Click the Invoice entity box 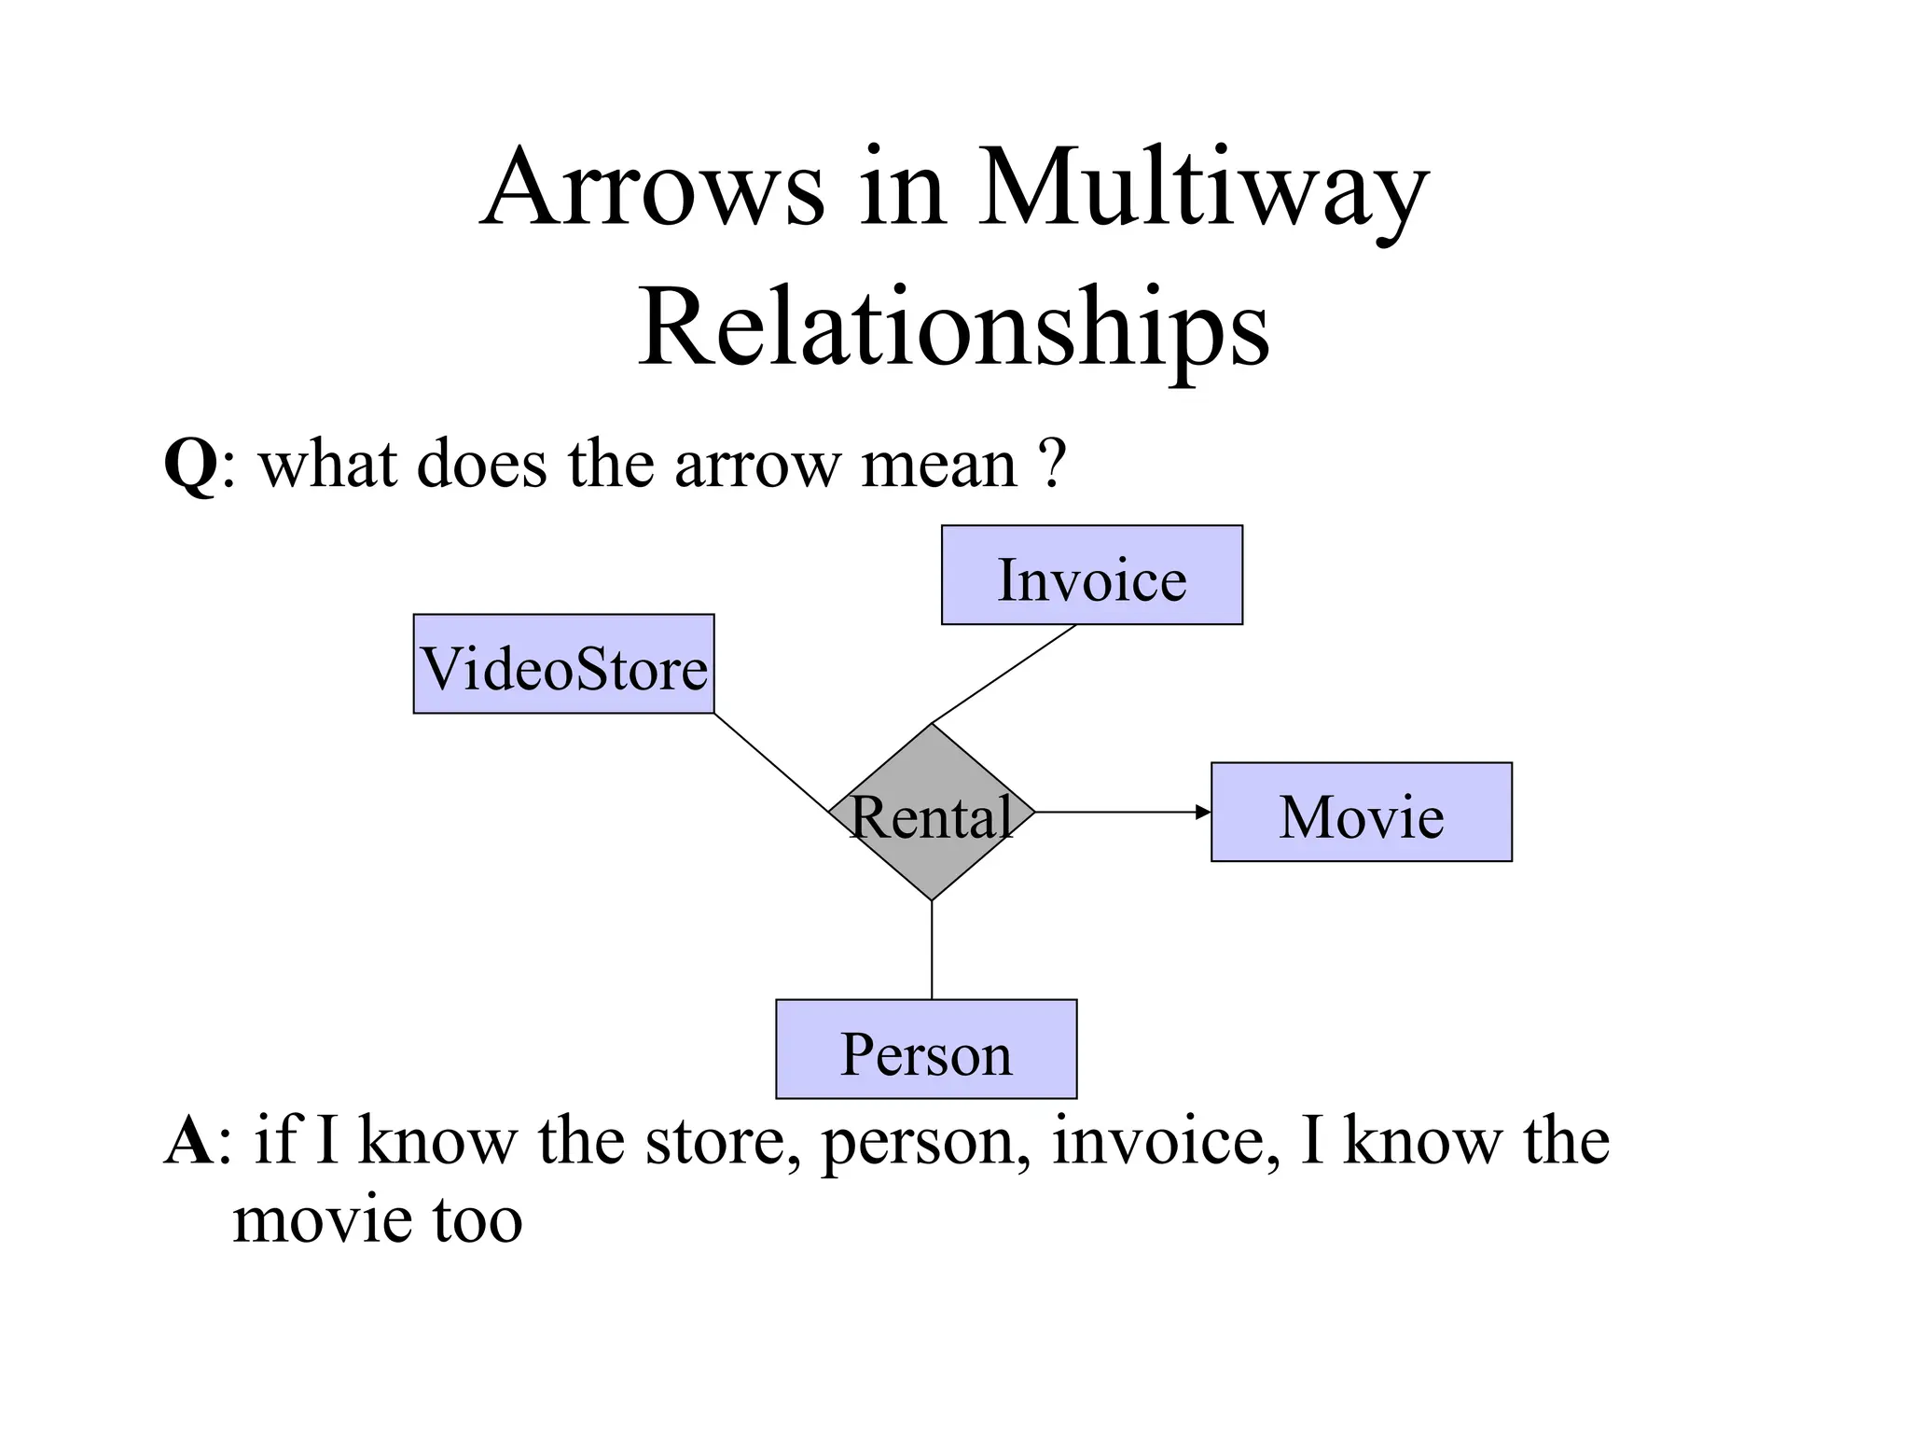(x=1091, y=575)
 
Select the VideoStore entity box (x=563, y=664)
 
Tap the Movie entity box (x=1361, y=812)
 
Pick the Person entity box (x=926, y=1050)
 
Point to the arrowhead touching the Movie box (x=1203, y=813)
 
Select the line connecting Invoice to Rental (x=1003, y=675)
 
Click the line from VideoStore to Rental (x=771, y=763)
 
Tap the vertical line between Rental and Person (x=932, y=950)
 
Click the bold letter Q (x=191, y=464)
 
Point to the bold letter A (x=189, y=1142)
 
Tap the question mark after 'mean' (x=1051, y=464)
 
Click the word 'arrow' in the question (x=757, y=464)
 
